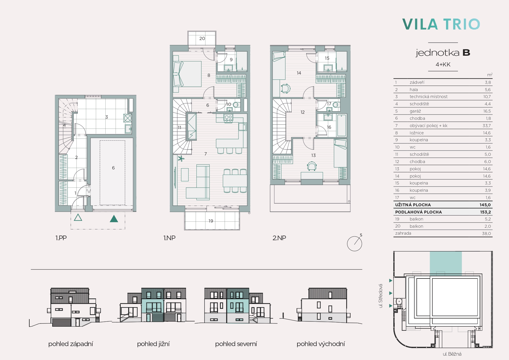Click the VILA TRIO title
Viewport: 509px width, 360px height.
tap(441, 24)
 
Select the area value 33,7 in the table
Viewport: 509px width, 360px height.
tap(486, 126)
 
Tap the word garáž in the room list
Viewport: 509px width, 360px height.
tap(415, 111)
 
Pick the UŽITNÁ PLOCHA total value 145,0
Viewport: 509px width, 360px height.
tap(485, 205)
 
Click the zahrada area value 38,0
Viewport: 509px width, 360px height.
tap(486, 234)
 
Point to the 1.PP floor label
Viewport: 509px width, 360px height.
tap(61, 238)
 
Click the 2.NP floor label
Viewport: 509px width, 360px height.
tap(279, 238)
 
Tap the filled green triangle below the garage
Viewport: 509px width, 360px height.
tap(114, 219)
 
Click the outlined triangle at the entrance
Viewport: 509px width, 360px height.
tap(78, 217)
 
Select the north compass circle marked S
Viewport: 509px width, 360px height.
tap(355, 243)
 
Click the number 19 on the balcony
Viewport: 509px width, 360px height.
tap(211, 221)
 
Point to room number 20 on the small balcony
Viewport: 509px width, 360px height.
tap(202, 39)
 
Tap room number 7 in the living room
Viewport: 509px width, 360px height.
tap(205, 154)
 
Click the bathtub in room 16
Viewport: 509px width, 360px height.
tap(342, 125)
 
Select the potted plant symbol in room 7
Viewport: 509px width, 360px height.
tap(181, 158)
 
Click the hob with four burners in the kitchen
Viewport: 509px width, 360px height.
tap(228, 118)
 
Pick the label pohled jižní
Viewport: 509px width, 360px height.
tap(153, 344)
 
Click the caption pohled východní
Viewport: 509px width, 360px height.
tap(321, 344)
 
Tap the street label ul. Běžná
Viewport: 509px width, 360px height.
tap(452, 354)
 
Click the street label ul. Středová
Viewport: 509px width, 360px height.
tap(381, 296)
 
